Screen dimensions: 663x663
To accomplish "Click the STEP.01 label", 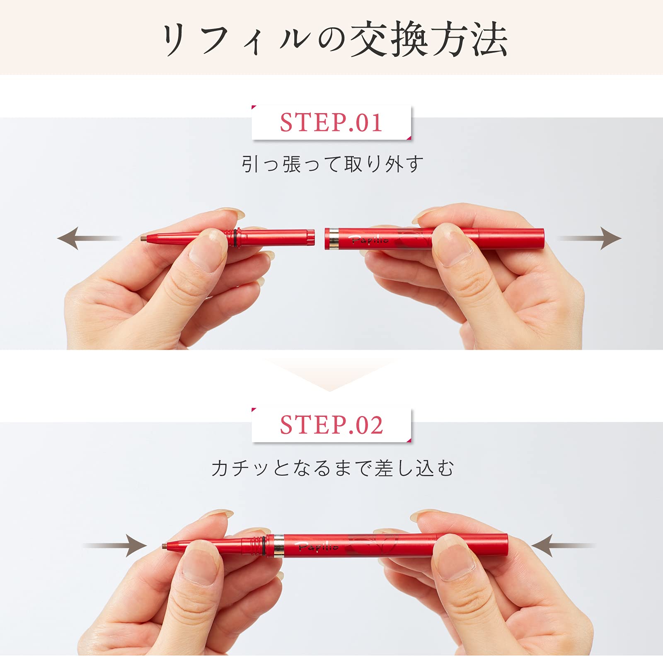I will [331, 123].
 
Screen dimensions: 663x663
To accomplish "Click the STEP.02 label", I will [331, 425].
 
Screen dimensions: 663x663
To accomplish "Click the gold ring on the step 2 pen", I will [279, 545].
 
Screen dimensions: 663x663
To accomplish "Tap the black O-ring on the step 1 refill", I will [236, 238].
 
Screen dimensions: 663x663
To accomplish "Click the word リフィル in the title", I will [236, 40].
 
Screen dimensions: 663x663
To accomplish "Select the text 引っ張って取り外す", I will [332, 165].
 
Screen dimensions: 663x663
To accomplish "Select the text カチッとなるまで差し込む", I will [332, 468].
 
